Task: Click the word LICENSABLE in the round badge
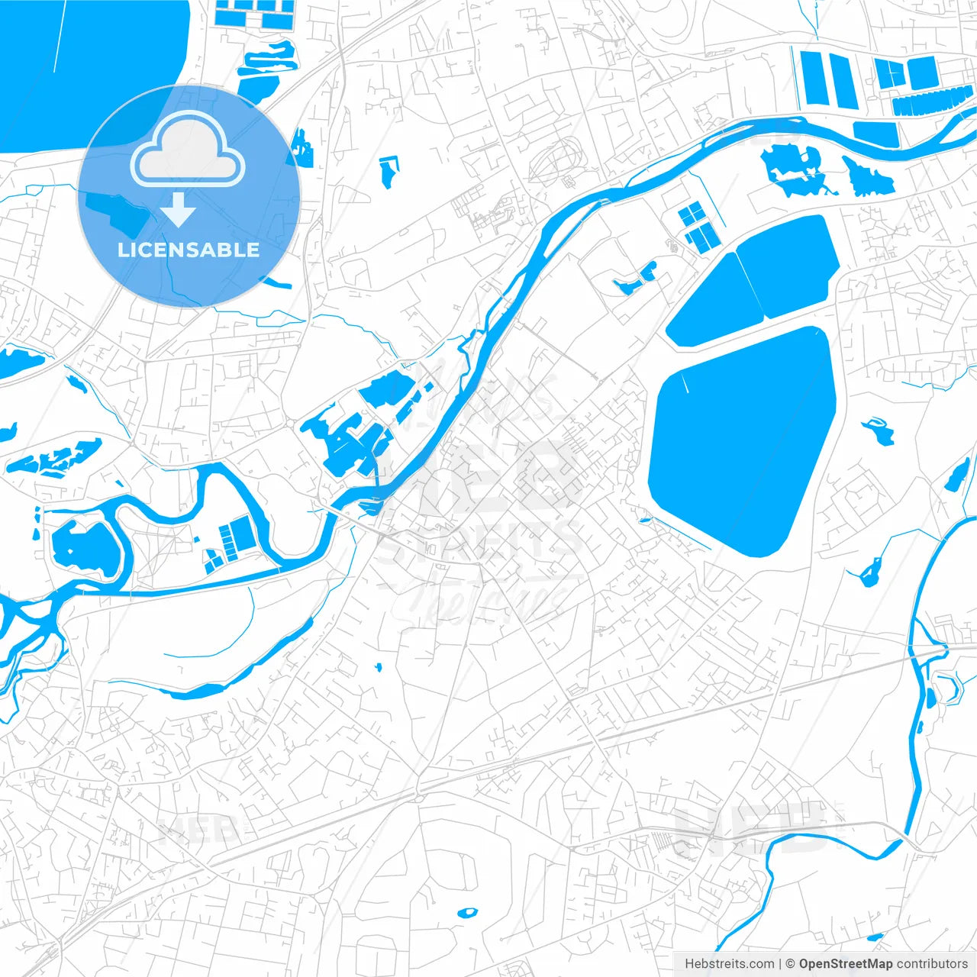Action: pyautogui.click(x=189, y=250)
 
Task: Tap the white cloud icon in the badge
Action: pyautogui.click(x=188, y=150)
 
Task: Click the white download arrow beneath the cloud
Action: pyautogui.click(x=179, y=209)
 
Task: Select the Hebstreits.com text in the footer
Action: pyautogui.click(x=729, y=964)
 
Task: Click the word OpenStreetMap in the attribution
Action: pyautogui.click(x=845, y=964)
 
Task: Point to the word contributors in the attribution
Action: pyautogui.click(x=932, y=964)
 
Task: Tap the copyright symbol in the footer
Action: pyautogui.click(x=790, y=964)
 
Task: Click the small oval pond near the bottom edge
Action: pyautogui.click(x=466, y=912)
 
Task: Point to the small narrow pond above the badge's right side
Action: pyautogui.click(x=388, y=172)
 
